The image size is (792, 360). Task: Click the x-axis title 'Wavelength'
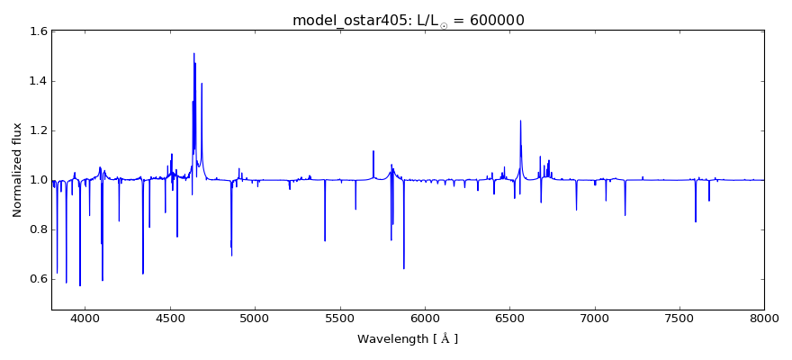408,339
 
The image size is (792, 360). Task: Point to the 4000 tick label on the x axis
85,317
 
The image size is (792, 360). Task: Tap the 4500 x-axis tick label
170,317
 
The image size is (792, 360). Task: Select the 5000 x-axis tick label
255,317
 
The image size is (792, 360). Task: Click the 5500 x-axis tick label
339,317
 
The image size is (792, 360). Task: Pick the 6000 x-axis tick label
425,317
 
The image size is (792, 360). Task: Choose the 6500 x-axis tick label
509,317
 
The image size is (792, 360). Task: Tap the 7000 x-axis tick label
594,317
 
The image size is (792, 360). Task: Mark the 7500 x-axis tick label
679,317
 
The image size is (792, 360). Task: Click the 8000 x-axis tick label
763,317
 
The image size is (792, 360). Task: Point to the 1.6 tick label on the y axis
38,31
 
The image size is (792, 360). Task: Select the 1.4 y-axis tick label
38,81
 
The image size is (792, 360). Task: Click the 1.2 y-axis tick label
38,130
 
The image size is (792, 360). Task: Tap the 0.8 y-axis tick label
38,229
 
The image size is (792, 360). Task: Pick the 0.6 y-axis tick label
38,279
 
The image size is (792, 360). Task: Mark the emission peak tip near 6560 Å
520,121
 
